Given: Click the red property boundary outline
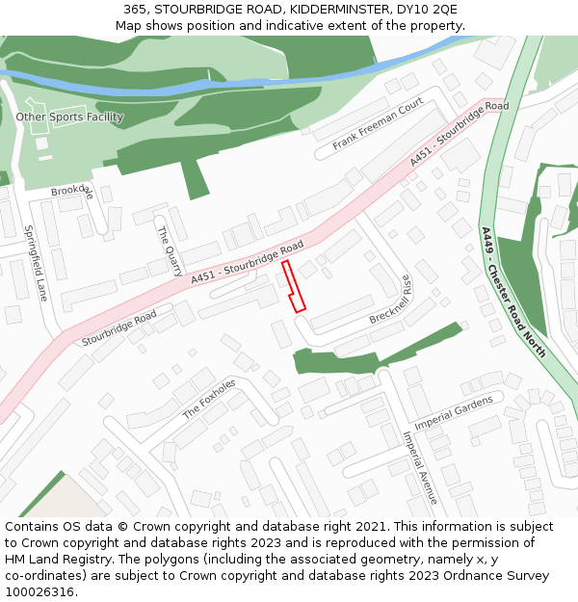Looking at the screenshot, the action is point(294,286).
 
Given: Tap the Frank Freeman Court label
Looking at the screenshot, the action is point(378,125).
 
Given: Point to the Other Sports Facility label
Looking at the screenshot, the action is point(69,118).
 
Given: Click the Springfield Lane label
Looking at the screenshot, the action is point(36,263).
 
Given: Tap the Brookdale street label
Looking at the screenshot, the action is point(73,191).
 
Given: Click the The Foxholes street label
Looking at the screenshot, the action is point(209,398).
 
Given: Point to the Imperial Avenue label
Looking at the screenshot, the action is point(420,467).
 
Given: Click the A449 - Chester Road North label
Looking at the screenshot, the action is point(513,292).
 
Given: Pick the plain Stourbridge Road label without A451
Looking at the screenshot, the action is point(118,328).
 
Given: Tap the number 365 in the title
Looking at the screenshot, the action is point(135,9).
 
